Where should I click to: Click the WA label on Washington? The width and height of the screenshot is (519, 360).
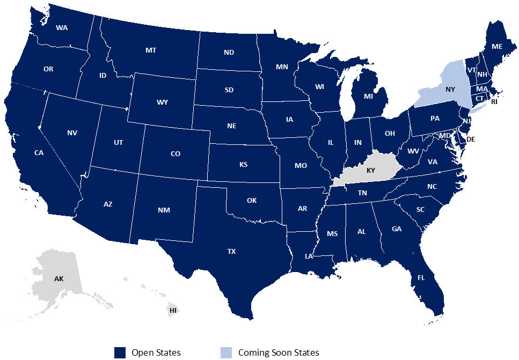(62, 27)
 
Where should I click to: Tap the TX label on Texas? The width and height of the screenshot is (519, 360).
(231, 251)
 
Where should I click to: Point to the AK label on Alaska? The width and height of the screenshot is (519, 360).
(59, 279)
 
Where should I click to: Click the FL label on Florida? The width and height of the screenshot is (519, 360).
(421, 278)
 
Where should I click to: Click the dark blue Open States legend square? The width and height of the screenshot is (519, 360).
(120, 352)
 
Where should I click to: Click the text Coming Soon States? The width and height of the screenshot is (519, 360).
(279, 352)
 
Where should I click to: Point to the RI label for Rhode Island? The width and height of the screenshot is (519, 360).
(494, 101)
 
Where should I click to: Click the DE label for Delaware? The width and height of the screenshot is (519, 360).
(471, 139)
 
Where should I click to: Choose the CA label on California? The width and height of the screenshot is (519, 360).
(39, 153)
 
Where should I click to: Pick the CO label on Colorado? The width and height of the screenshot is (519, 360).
(175, 154)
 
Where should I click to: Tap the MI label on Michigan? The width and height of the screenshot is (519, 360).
(368, 97)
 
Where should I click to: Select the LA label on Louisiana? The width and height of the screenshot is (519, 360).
(309, 256)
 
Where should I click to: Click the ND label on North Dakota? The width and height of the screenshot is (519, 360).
(229, 53)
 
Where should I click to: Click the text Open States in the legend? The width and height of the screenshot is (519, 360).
(156, 352)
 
